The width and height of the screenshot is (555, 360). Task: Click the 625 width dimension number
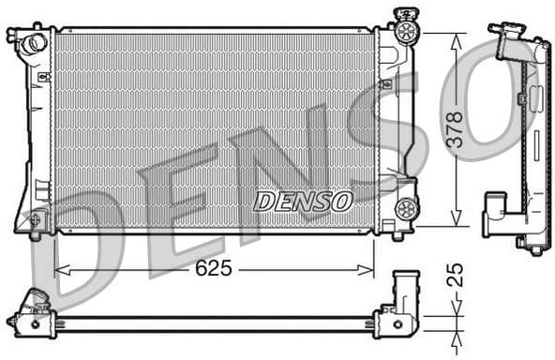214,269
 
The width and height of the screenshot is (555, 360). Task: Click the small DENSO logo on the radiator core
303,201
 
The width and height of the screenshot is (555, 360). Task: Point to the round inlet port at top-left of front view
34,42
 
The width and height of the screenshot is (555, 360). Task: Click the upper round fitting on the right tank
406,32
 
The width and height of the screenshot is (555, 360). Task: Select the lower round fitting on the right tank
406,208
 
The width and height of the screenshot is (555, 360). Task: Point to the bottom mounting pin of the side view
533,248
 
